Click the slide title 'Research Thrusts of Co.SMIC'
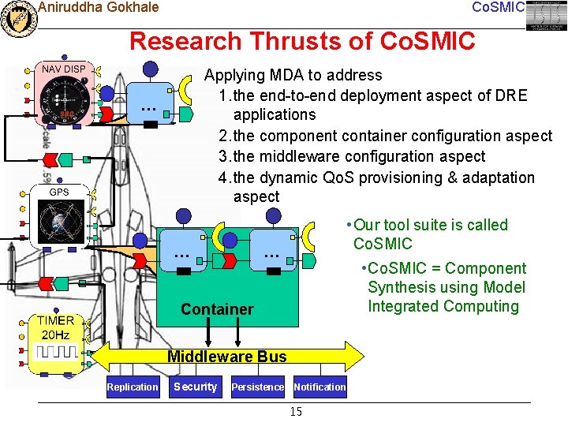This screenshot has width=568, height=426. tap(302, 41)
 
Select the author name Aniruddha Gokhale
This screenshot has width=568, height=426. tap(98, 8)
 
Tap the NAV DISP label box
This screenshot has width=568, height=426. tap(64, 69)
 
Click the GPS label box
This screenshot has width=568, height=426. tap(59, 192)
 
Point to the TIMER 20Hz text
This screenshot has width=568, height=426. tap(54, 327)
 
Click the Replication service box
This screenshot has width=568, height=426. tap(133, 387)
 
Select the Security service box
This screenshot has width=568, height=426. tap(195, 387)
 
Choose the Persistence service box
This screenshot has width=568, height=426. tap(257, 387)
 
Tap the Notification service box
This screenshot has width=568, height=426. tap(319, 387)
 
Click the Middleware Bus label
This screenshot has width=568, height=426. tap(227, 357)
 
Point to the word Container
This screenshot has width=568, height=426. tap(217, 309)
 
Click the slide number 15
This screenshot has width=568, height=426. tap(296, 412)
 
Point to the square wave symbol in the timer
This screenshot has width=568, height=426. tap(54, 352)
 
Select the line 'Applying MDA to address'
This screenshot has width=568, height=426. tap(293, 76)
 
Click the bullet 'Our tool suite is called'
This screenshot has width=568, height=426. tap(430, 225)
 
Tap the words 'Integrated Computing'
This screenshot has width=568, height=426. tap(443, 306)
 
